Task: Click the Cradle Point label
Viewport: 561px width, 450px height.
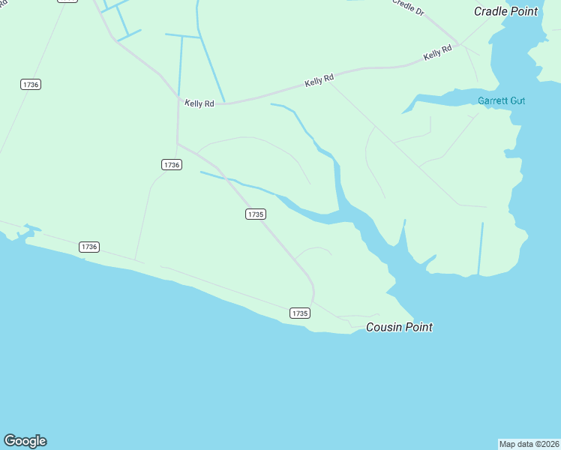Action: (505, 11)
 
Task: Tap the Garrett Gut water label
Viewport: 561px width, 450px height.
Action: (502, 100)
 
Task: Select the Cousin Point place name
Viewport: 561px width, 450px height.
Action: (399, 327)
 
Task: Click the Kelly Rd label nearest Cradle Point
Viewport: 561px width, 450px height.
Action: (437, 53)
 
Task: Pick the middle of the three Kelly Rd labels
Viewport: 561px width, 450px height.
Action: (319, 80)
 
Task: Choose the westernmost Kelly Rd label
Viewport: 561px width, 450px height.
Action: (199, 103)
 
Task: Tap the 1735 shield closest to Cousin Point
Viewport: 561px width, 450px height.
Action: (299, 313)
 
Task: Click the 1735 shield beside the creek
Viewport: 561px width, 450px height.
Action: (255, 214)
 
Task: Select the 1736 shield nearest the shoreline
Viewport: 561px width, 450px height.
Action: (89, 246)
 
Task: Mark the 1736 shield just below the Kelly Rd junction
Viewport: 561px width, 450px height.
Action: (172, 164)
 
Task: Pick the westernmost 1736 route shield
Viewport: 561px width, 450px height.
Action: (31, 84)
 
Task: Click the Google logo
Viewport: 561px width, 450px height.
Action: (25, 441)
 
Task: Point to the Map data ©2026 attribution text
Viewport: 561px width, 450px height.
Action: (529, 444)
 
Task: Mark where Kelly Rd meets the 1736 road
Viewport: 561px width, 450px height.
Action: (178, 103)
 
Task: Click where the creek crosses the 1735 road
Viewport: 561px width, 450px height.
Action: (236, 182)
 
